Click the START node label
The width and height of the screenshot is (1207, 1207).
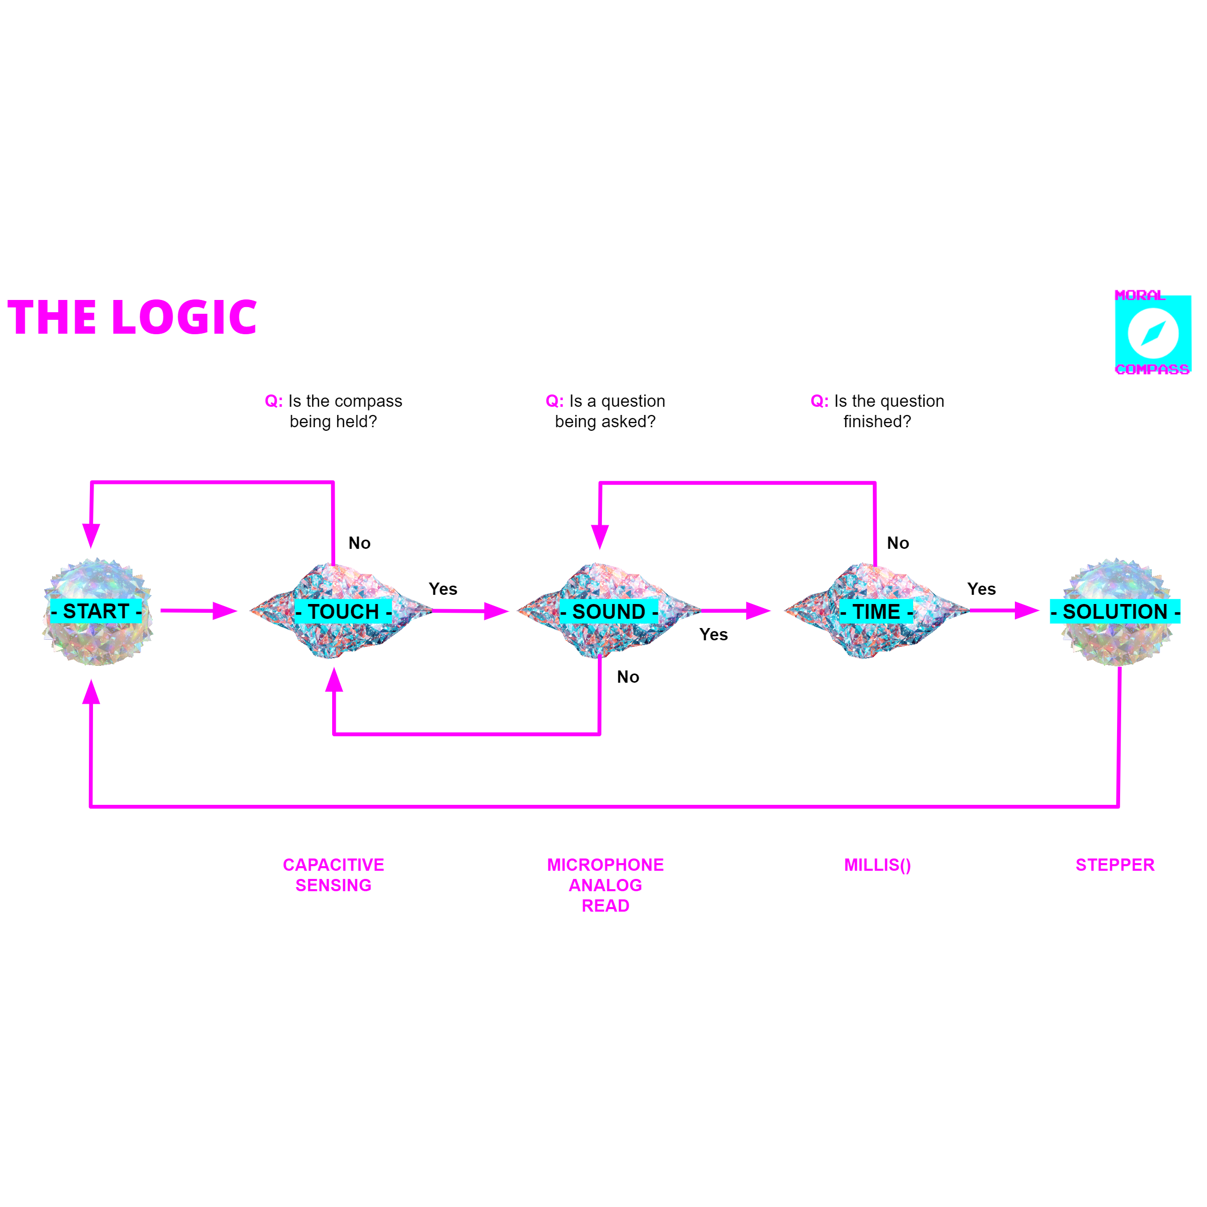pos(96,611)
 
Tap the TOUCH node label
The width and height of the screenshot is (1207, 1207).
pos(343,612)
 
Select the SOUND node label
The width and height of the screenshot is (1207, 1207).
pos(609,612)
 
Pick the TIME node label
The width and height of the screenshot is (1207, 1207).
pos(876,612)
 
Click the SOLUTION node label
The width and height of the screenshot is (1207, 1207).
pos(1115,612)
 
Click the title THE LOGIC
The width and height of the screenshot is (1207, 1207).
pos(132,317)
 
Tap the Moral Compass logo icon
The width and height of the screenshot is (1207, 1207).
pos(1153,334)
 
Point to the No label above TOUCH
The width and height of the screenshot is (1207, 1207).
pos(359,543)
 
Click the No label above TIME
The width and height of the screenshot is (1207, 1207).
pos(898,543)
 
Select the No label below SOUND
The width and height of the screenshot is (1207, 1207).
pos(628,677)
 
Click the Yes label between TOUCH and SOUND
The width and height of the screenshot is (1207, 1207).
pos(443,589)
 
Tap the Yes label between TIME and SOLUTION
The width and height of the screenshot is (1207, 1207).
pos(982,589)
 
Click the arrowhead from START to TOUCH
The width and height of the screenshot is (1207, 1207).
pos(224,611)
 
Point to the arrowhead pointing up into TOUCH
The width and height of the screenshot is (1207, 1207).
pos(334,680)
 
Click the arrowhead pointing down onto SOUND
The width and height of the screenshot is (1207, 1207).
pos(600,536)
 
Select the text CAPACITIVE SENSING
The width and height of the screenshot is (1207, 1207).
pos(334,875)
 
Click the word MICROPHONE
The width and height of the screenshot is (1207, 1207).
pos(606,865)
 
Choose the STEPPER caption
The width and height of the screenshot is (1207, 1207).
pos(1115,865)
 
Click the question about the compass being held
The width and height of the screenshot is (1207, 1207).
pos(334,411)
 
